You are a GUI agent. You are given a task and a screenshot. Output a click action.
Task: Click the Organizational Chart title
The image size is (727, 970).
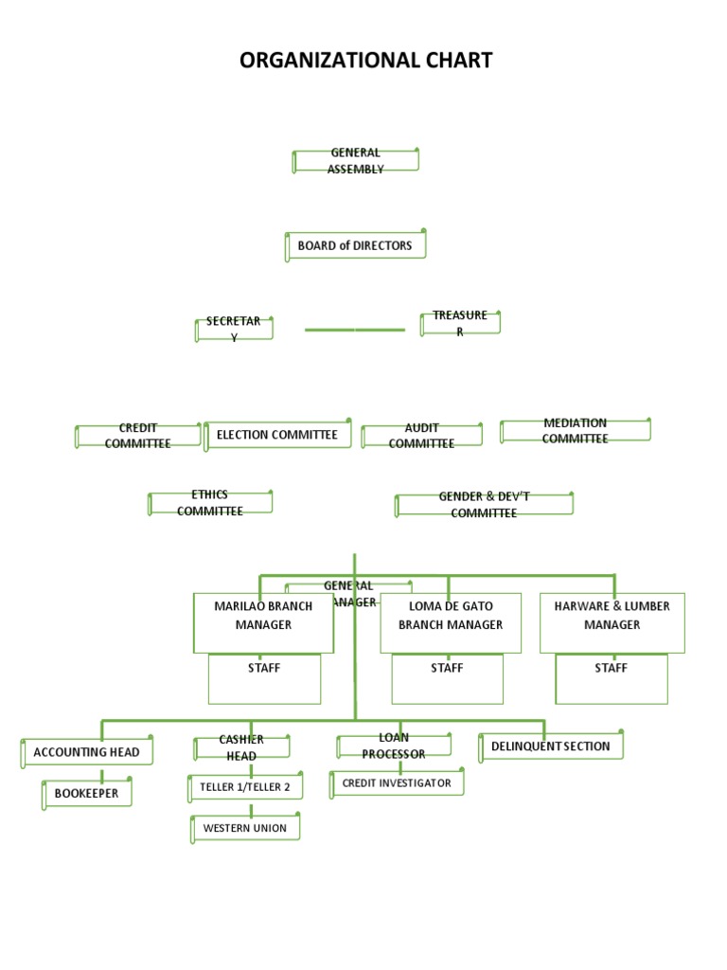point(365,61)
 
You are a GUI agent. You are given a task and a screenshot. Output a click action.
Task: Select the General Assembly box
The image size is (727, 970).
point(356,161)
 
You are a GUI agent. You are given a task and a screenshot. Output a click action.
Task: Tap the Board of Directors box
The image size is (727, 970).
point(355,245)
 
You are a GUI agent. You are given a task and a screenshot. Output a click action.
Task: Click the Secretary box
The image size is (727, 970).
point(234,329)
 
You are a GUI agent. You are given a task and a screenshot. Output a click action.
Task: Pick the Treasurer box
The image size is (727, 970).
point(460,323)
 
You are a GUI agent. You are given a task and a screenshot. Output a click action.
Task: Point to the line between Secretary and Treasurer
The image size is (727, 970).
point(355,330)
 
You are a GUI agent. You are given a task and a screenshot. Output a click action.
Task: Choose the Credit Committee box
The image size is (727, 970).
point(138,436)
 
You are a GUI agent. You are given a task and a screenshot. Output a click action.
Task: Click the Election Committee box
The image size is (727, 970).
point(277,435)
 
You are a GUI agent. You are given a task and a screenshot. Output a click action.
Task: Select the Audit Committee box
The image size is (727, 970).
point(422,436)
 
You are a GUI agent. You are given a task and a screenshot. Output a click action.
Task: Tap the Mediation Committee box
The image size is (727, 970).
point(575,431)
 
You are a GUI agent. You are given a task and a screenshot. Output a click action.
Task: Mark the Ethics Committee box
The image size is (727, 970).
point(210,503)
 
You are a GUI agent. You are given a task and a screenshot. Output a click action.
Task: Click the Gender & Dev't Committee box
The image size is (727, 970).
point(484,504)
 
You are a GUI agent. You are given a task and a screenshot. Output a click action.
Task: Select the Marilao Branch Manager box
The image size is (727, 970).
point(263,622)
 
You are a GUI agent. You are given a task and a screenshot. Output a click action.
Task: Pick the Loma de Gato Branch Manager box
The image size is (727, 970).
point(451,622)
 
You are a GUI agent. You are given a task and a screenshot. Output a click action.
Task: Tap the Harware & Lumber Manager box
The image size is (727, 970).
point(612,622)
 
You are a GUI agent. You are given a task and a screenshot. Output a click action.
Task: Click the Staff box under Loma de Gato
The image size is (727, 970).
point(447,679)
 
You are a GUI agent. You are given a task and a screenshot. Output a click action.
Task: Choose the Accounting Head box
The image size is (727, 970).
point(87,752)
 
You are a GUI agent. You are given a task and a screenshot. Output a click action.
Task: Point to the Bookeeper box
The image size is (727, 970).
point(87,794)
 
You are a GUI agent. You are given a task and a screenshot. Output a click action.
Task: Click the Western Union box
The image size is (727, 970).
point(246,828)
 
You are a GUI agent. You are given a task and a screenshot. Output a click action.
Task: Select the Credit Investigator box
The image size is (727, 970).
point(397,783)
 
